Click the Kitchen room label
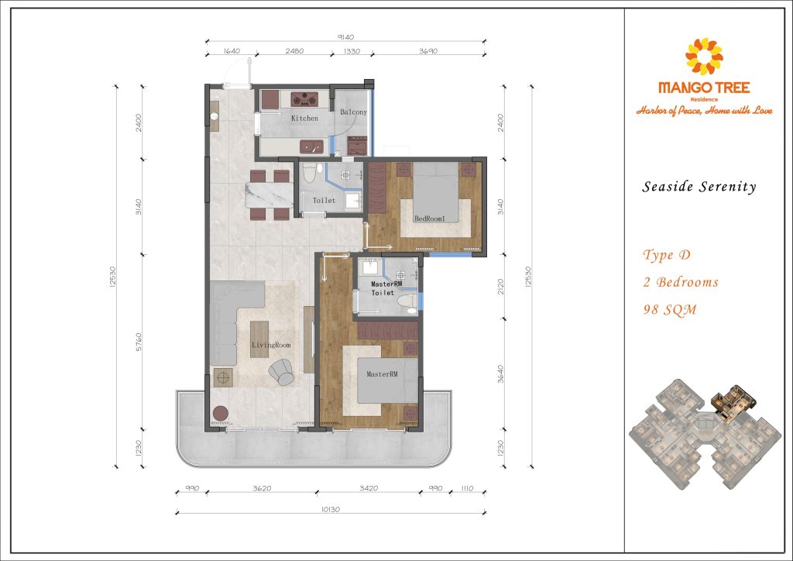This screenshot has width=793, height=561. [x=304, y=119]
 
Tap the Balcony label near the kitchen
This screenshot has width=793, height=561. [x=353, y=112]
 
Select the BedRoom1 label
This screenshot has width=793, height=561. [x=429, y=219]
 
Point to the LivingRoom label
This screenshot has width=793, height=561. [x=271, y=345]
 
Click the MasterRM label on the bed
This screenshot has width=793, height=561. [x=382, y=374]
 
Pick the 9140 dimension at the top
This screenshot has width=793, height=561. [x=345, y=37]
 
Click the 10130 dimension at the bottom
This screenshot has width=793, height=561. [x=330, y=509]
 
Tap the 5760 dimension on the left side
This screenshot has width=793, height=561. [x=139, y=342]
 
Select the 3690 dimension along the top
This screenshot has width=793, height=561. [x=427, y=51]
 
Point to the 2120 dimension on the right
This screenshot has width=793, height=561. [x=501, y=287]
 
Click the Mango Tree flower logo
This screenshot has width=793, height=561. [x=704, y=56]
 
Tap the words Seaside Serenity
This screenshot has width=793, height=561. [x=699, y=187]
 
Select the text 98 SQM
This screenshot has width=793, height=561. [x=670, y=310]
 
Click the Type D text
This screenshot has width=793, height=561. [x=667, y=254]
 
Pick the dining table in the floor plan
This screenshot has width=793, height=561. [x=269, y=195]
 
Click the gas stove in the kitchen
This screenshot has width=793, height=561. [x=304, y=99]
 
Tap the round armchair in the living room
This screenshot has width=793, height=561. [x=281, y=372]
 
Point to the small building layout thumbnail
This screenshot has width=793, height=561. [x=705, y=433]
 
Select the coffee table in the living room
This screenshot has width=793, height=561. [x=259, y=339]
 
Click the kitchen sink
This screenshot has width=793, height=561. [x=311, y=147]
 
